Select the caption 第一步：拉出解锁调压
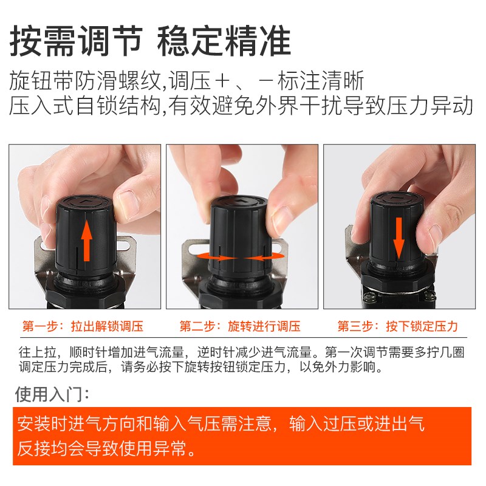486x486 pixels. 83,326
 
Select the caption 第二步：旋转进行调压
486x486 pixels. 240,326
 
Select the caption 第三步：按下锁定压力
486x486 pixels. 397,326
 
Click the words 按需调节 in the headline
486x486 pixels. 76,41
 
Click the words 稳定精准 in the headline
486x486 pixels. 225,41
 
